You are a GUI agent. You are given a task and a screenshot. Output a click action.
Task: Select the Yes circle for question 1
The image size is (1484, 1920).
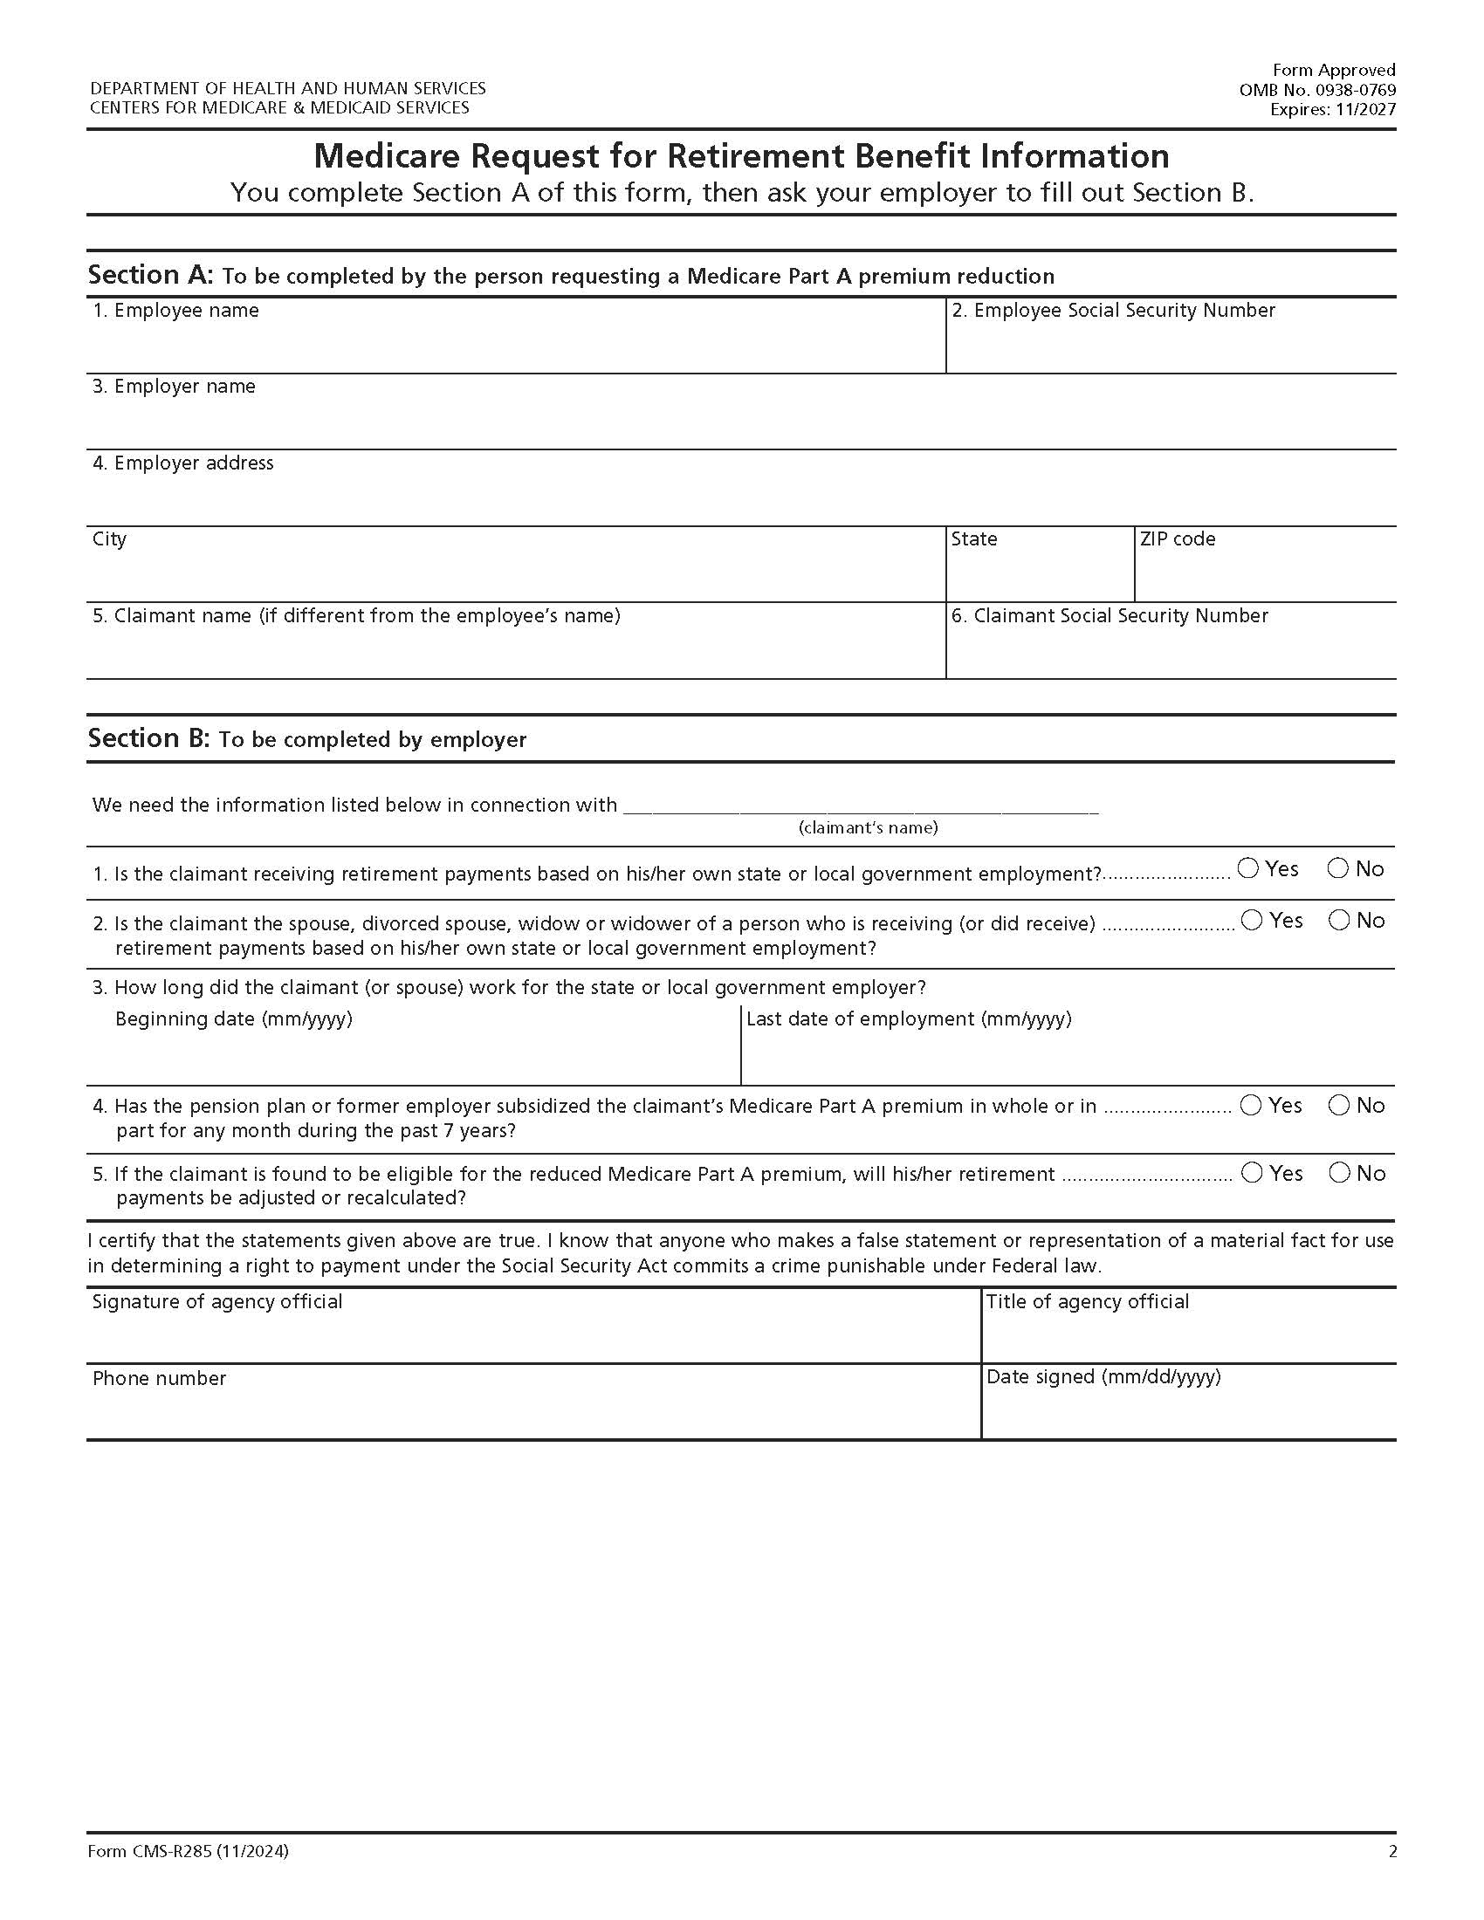pos(1247,868)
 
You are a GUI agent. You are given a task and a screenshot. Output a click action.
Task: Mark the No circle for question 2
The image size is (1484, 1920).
pos(1339,921)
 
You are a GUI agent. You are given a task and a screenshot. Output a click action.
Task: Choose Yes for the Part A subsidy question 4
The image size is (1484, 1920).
pos(1251,1105)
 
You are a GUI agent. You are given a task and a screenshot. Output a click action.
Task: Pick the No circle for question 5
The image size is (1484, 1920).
pos(1339,1173)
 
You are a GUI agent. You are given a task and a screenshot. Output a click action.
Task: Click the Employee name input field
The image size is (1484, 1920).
pos(515,347)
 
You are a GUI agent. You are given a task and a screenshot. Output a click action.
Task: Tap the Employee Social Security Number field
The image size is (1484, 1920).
pos(1170,347)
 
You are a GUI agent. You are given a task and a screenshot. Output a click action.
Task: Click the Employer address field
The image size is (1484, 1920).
pos(740,499)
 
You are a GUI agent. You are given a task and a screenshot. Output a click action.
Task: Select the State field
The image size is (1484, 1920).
pos(1039,575)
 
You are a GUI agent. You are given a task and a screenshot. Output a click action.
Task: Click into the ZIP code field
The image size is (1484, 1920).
pos(1264,575)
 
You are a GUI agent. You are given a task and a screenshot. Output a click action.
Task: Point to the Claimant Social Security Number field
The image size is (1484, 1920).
pos(1170,652)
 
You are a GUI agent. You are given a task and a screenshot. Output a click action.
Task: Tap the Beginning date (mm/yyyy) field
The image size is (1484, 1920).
pos(413,1057)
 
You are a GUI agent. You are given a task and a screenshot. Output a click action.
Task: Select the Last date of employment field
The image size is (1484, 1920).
pos(1068,1057)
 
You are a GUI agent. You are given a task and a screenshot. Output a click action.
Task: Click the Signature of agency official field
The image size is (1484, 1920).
pos(532,1336)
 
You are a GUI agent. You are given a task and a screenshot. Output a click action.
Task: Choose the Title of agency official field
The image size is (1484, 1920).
pos(1188,1336)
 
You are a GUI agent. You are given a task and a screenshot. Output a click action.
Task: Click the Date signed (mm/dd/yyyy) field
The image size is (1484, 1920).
pos(1188,1413)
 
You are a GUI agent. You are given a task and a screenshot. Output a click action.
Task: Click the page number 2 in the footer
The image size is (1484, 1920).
pos(1391,1851)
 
